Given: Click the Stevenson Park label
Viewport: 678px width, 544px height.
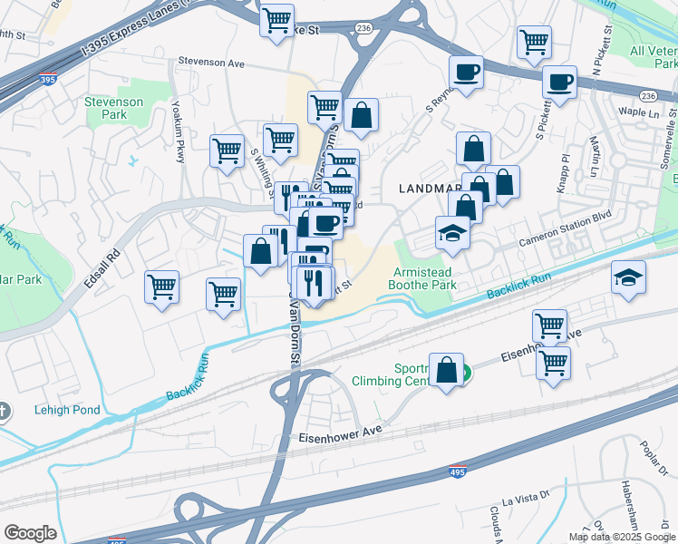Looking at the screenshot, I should click(113, 109).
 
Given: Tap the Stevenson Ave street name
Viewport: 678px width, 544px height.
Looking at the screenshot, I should click(212, 63).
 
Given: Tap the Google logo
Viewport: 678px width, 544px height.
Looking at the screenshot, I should click(30, 533).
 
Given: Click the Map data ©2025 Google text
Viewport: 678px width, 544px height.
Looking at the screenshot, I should click(622, 537).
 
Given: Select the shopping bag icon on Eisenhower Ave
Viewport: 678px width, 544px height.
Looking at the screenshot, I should click(446, 370).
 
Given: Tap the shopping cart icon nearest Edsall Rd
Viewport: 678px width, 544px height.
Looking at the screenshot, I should click(161, 287).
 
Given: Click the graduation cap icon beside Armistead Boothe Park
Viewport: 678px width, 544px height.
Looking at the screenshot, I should click(452, 233).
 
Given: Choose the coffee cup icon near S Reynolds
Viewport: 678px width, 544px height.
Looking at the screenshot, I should click(466, 72).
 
